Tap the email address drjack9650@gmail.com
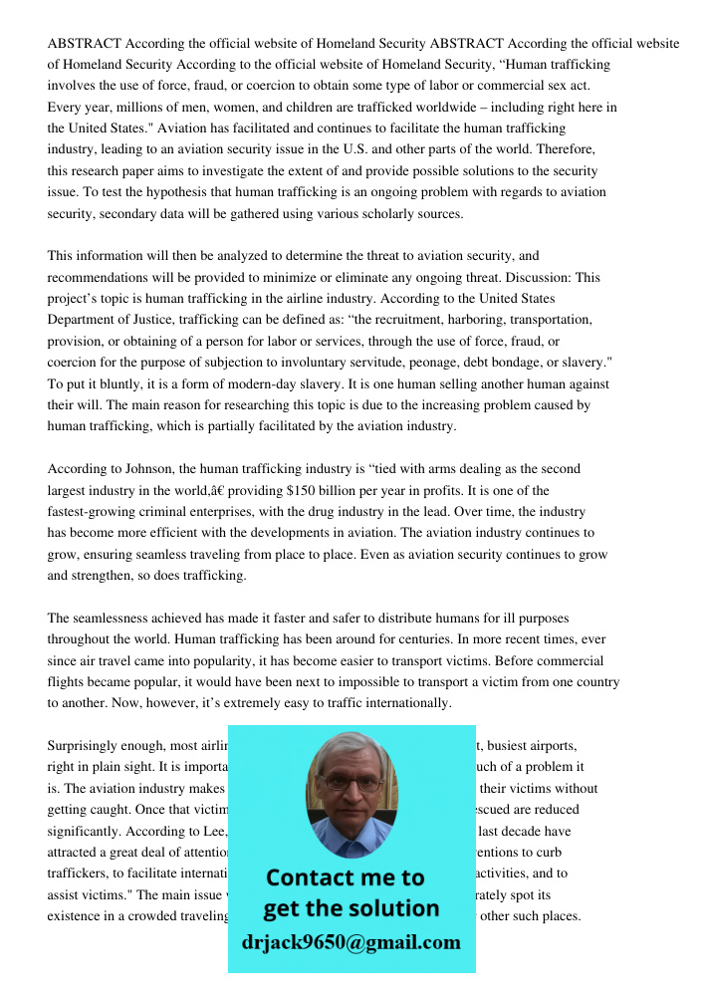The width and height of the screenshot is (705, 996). tap(352, 941)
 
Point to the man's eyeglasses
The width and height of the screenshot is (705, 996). tap(352, 784)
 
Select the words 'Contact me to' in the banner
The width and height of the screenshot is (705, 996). tap(345, 877)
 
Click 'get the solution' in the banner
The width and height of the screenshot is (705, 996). tap(351, 908)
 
